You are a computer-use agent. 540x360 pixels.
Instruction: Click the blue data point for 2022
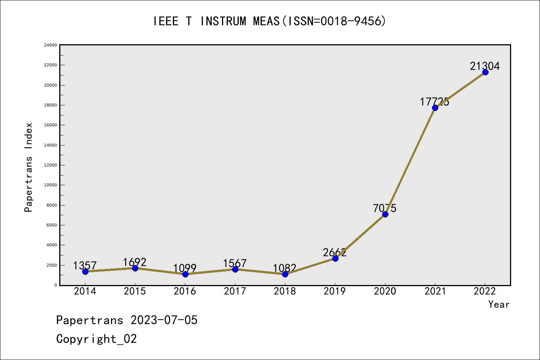[x=485, y=72]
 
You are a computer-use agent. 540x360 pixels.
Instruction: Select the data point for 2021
[x=435, y=108]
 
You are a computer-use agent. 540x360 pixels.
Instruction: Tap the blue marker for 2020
[x=385, y=214]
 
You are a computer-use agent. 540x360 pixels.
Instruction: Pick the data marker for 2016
[x=185, y=274]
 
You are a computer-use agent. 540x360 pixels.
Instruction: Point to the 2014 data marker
[x=85, y=271]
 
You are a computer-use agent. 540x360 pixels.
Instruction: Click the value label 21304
[x=485, y=66]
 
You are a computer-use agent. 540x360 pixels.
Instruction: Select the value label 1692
[x=135, y=262]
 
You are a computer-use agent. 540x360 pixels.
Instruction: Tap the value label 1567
[x=235, y=263]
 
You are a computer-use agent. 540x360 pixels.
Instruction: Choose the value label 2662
[x=335, y=252]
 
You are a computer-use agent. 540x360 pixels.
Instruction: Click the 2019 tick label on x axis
[x=335, y=291]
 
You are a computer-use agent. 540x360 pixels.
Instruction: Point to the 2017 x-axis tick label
[x=235, y=291]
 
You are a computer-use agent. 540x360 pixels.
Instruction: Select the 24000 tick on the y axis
[x=51, y=45]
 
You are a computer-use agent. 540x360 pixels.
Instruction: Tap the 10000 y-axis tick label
[x=51, y=185]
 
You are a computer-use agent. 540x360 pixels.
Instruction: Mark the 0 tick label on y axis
[x=55, y=285]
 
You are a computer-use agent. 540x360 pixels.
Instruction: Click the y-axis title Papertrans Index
[x=28, y=167]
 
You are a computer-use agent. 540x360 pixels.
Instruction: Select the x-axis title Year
[x=499, y=304]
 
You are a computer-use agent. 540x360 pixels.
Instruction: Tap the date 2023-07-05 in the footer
[x=164, y=320]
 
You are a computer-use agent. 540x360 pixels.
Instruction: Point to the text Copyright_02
[x=96, y=339]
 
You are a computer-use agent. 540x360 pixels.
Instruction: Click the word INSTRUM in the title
[x=223, y=21]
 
